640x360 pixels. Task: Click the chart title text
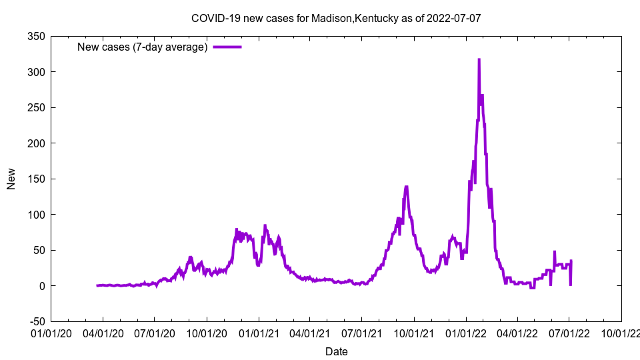pyautogui.click(x=336, y=18)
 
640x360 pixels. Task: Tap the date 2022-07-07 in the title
pyautogui.click(x=454, y=18)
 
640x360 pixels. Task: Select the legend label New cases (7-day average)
pyautogui.click(x=143, y=47)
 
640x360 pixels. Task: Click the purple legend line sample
pyautogui.click(x=227, y=47)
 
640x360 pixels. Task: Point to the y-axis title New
pyautogui.click(x=11, y=179)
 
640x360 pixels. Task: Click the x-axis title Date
pyautogui.click(x=336, y=351)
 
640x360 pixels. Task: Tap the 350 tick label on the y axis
pyautogui.click(x=36, y=36)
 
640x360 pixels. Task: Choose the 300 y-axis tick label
pyautogui.click(x=36, y=72)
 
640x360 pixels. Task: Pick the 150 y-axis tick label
pyautogui.click(x=36, y=179)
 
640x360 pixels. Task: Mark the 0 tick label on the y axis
pyautogui.click(x=41, y=286)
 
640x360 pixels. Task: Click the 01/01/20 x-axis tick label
pyautogui.click(x=51, y=331)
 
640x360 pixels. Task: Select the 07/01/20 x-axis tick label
pyautogui.click(x=155, y=331)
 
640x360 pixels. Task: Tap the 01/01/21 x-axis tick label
pyautogui.click(x=259, y=331)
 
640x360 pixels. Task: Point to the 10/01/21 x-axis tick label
pyautogui.click(x=414, y=331)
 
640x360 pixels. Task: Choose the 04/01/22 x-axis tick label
pyautogui.click(x=517, y=331)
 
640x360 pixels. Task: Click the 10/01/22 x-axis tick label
pyautogui.click(x=621, y=331)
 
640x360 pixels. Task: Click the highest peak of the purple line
pyautogui.click(x=479, y=59)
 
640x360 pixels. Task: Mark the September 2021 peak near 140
pyautogui.click(x=406, y=187)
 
